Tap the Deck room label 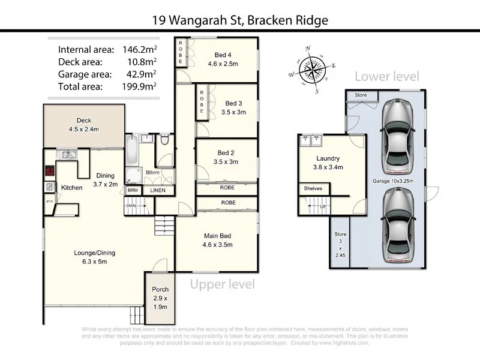coord(84,121)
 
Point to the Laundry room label coord(328,159)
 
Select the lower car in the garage coord(397,224)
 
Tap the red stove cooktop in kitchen coord(50,170)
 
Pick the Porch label coord(160,289)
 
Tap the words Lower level coord(386,76)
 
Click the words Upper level coord(223,284)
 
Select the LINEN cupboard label coord(158,190)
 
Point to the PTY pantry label coord(49,202)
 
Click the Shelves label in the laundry coord(313,188)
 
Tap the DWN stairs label coord(131,205)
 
